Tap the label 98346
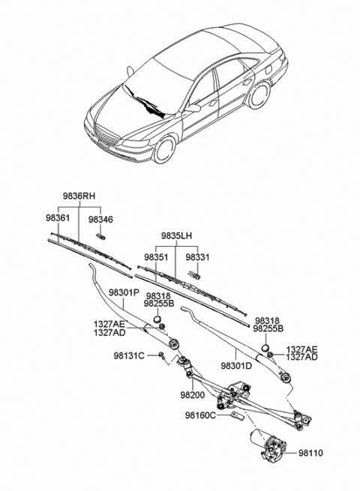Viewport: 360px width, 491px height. [100, 219]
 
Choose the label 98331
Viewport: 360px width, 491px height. [197, 257]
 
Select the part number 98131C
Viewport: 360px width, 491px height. [129, 355]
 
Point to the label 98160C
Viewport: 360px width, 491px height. [202, 415]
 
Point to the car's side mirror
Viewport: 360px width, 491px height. [193, 107]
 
